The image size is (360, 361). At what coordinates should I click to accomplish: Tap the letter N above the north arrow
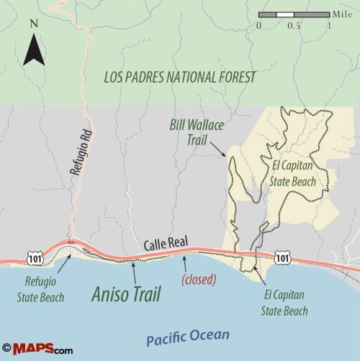pos(33,23)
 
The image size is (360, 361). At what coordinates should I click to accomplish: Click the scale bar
pos(294,14)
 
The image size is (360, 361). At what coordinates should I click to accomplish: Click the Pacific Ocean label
pos(186,336)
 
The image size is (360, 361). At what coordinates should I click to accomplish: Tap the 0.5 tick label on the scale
pos(294,26)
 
